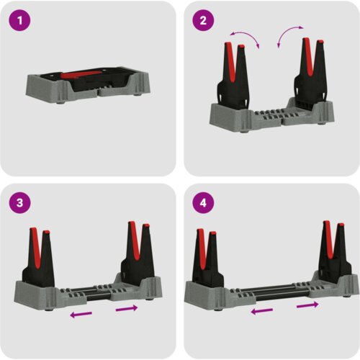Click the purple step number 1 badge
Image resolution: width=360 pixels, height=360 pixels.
point(19,20)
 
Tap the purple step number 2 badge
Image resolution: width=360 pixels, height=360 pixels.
point(203,20)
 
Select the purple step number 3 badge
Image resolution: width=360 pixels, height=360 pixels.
point(19,202)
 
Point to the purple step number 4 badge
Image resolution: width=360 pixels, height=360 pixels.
point(203,202)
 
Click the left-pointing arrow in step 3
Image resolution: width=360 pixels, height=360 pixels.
point(81,314)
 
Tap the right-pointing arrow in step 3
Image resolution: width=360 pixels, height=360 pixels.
point(127,308)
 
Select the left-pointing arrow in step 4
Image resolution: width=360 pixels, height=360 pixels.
point(261,311)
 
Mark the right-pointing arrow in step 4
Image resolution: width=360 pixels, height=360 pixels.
point(307,305)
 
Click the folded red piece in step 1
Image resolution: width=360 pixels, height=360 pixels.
point(81,74)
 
